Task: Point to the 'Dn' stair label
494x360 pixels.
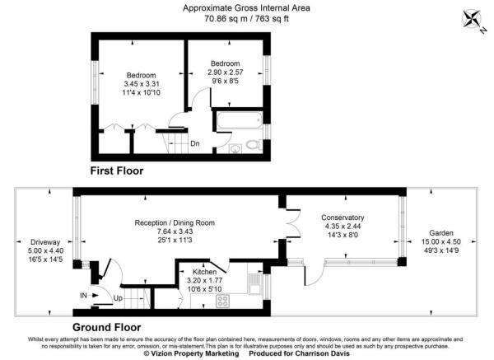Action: coord(195,143)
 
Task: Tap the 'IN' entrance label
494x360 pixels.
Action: coord(83,294)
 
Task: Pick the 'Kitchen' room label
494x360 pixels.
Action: coord(204,271)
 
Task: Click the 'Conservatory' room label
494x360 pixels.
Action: coord(343,217)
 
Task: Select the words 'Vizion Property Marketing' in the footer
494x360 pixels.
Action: coord(192,354)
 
